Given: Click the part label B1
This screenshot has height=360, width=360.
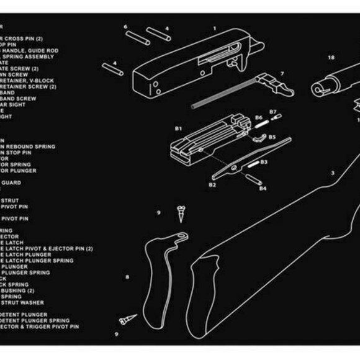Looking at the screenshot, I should pyautogui.click(x=178, y=128).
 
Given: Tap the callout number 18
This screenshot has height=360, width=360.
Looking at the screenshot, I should pyautogui.click(x=331, y=58).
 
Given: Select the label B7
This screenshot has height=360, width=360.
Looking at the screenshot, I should pyautogui.click(x=272, y=112).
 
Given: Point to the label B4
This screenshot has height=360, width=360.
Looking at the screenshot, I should pyautogui.click(x=263, y=188).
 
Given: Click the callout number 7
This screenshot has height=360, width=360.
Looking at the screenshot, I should pyautogui.click(x=282, y=74).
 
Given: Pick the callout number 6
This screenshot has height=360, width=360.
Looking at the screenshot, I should pyautogui.click(x=125, y=27).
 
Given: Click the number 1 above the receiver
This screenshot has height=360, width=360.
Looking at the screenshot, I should pyautogui.click(x=214, y=28).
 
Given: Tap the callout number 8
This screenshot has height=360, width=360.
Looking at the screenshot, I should pyautogui.click(x=127, y=277).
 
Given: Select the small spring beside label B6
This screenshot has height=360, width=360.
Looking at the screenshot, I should pyautogui.click(x=261, y=122).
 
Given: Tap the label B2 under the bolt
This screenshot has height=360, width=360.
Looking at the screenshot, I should pyautogui.click(x=212, y=184).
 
